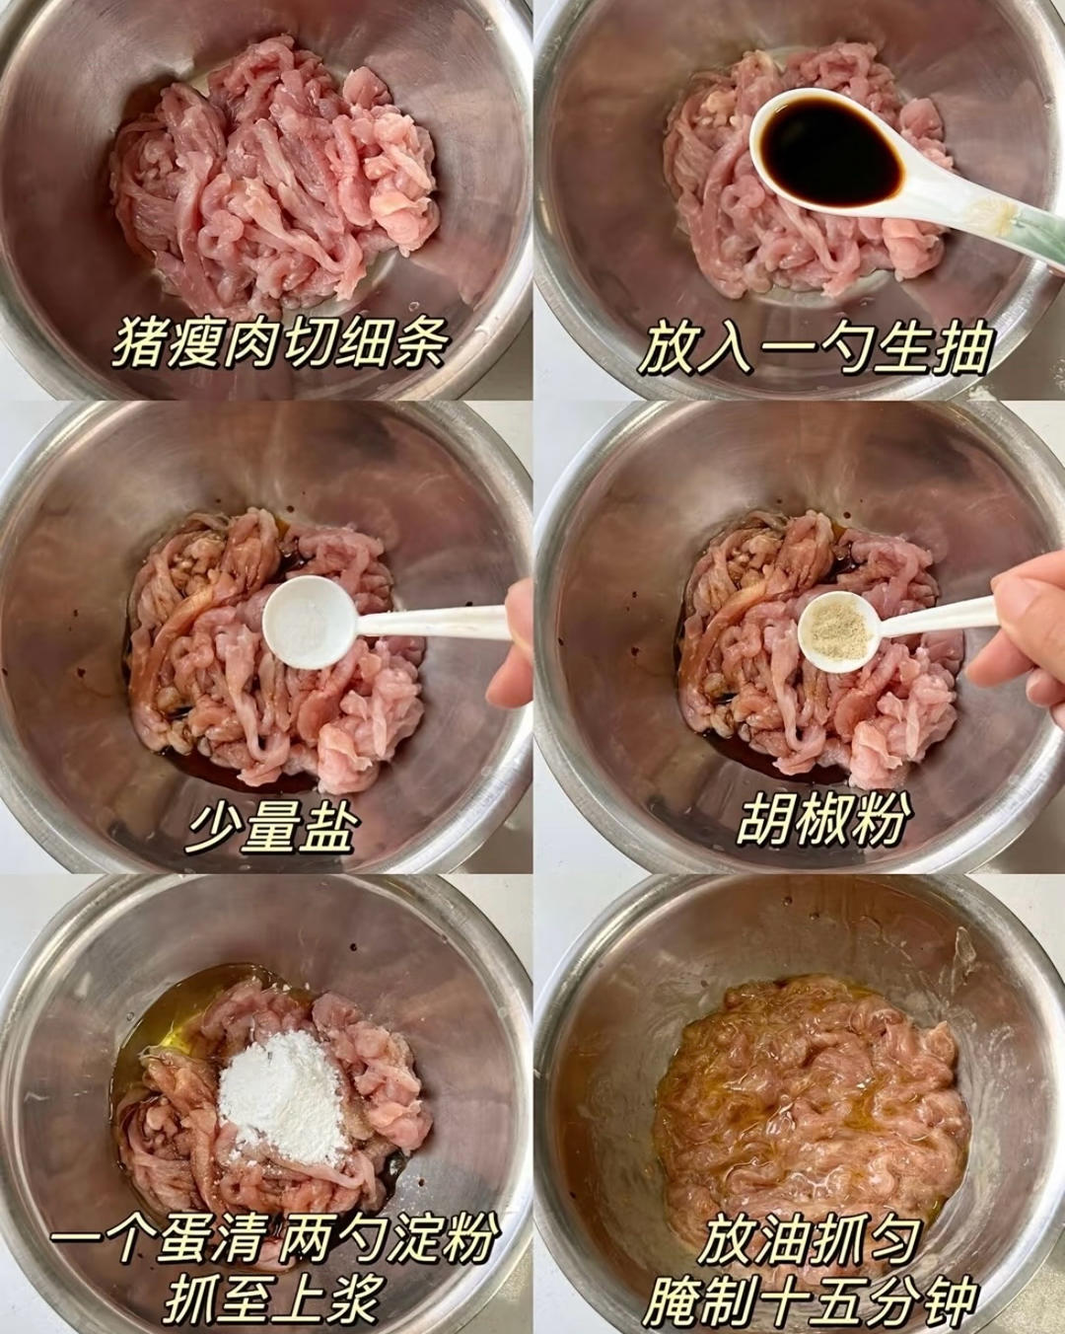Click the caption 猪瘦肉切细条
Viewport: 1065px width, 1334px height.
[281, 342]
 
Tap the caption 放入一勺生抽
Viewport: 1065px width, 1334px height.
[815, 347]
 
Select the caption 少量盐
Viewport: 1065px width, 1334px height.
[270, 825]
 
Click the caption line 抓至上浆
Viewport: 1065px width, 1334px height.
[271, 1297]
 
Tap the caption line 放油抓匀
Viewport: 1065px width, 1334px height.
[811, 1241]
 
